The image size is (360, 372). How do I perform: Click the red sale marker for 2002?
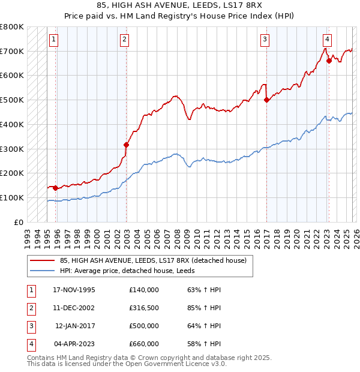(126, 145)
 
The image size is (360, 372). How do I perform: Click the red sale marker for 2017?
(266, 100)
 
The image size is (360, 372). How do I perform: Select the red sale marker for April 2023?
(329, 61)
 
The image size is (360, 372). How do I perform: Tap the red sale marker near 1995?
(56, 188)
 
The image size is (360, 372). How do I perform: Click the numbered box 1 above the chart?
(53, 40)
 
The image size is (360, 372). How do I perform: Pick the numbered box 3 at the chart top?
(265, 40)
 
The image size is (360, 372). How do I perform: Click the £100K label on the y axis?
(12, 197)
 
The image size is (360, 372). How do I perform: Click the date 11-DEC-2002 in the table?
(74, 308)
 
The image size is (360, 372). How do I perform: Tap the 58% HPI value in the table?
(204, 344)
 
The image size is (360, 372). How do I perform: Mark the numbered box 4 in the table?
(30, 344)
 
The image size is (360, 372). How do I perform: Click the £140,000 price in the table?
(144, 290)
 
